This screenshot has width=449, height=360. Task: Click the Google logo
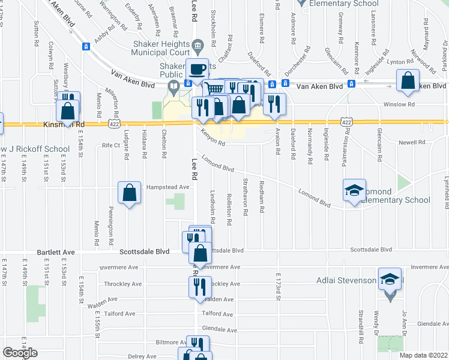[x=20, y=353]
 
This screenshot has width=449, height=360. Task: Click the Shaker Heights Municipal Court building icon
[x=197, y=46]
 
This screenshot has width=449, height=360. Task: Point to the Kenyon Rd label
[x=212, y=138]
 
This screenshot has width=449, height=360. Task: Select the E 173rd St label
[x=278, y=286]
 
